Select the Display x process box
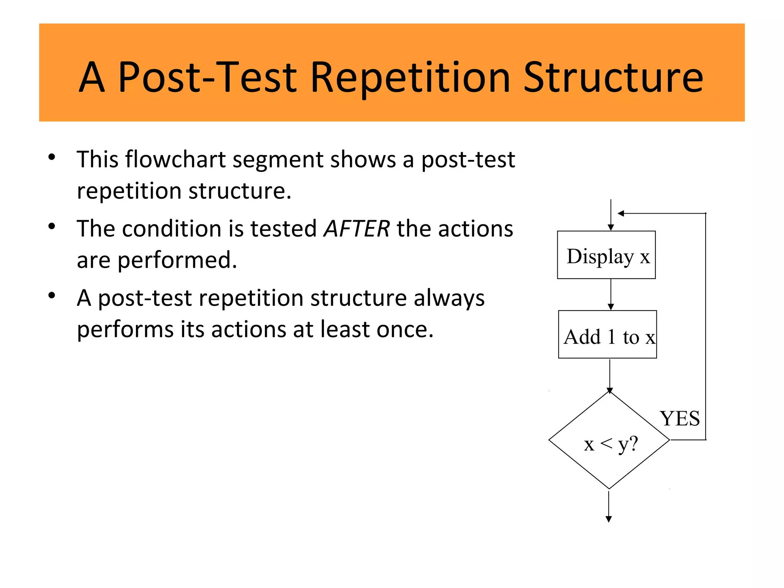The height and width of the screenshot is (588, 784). pos(606,255)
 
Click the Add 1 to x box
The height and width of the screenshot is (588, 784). pos(607,335)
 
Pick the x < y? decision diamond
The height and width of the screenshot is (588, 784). pos(609,441)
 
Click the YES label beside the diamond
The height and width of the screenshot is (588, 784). pos(679,418)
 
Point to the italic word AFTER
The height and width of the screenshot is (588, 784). pos(356,229)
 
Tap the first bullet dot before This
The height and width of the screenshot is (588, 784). pos(52,157)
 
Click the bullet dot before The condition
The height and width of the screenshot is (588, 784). pos(52,226)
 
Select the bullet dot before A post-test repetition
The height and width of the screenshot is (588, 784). pos(52,296)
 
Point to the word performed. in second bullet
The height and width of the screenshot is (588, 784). pos(177,260)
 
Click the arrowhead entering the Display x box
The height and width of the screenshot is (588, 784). pos(611,227)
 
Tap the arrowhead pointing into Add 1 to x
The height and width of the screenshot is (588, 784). pos(611,307)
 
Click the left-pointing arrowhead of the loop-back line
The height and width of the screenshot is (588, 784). pos(621,213)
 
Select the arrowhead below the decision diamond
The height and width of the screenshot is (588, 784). pos(609,519)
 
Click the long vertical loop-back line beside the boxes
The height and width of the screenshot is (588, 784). pos(706,325)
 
